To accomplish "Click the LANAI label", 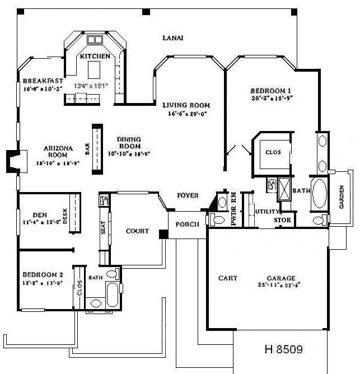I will pyautogui.click(x=172, y=38).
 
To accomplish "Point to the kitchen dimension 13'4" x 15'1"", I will pyautogui.click(x=94, y=86).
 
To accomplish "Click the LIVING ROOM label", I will pyautogui.click(x=186, y=105).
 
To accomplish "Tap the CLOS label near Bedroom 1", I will pyautogui.click(x=272, y=151).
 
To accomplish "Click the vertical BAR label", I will pyautogui.click(x=87, y=148).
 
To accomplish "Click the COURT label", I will pyautogui.click(x=137, y=231).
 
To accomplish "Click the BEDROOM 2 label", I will pyautogui.click(x=43, y=275).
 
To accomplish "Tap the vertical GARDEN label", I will pyautogui.click(x=342, y=197).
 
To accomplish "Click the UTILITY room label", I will pyautogui.click(x=264, y=212).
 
